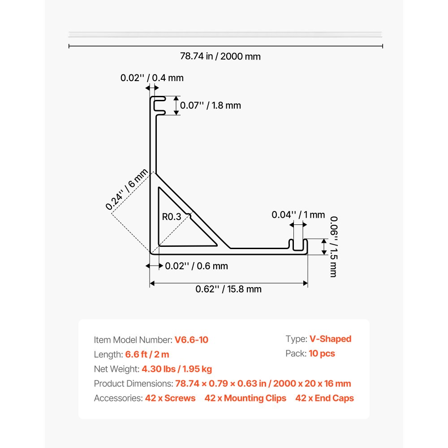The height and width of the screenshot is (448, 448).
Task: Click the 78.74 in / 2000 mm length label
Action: click(220, 56)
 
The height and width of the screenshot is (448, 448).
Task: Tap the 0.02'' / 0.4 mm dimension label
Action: click(152, 78)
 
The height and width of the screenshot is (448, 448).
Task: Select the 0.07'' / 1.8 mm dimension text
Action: click(211, 105)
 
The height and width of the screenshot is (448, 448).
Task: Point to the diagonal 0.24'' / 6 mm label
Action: click(127, 189)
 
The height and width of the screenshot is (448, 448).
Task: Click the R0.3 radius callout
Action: click(172, 217)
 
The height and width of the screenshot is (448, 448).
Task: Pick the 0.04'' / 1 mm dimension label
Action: click(298, 215)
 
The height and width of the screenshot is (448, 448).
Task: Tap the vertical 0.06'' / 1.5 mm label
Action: click(334, 246)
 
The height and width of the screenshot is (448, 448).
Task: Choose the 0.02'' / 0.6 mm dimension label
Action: click(197, 266)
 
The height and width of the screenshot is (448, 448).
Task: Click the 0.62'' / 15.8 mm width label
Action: click(228, 289)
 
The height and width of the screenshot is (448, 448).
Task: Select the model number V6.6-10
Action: click(191, 340)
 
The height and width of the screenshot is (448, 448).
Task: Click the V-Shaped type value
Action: click(330, 339)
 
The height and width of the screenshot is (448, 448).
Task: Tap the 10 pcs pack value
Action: click(322, 353)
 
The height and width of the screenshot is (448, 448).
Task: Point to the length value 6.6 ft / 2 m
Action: click(147, 354)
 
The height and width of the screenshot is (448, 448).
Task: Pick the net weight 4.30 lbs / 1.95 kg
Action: click(177, 369)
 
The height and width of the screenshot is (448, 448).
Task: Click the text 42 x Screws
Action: click(170, 398)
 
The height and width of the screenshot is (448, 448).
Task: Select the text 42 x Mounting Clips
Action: click(246, 398)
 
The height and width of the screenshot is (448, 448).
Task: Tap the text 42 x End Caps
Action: click(324, 398)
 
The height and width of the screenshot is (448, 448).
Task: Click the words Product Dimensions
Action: click(134, 383)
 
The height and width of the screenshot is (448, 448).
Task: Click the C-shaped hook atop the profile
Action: click(158, 106)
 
